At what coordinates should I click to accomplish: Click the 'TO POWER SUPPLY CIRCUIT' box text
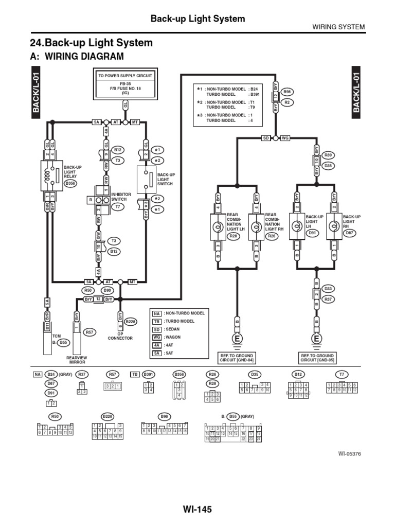click(125, 75)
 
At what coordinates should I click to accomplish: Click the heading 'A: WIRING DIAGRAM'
click(78, 57)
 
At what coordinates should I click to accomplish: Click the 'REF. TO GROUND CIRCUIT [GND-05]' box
click(317, 358)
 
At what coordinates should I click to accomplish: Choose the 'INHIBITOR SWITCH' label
click(121, 197)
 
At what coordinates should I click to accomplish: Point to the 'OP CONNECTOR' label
click(120, 336)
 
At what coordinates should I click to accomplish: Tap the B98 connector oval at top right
click(288, 92)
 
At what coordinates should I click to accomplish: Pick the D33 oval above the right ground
click(328, 288)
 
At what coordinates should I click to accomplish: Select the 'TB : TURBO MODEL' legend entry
click(178, 321)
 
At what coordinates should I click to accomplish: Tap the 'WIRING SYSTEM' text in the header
click(338, 27)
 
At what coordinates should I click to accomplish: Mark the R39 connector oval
click(328, 155)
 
